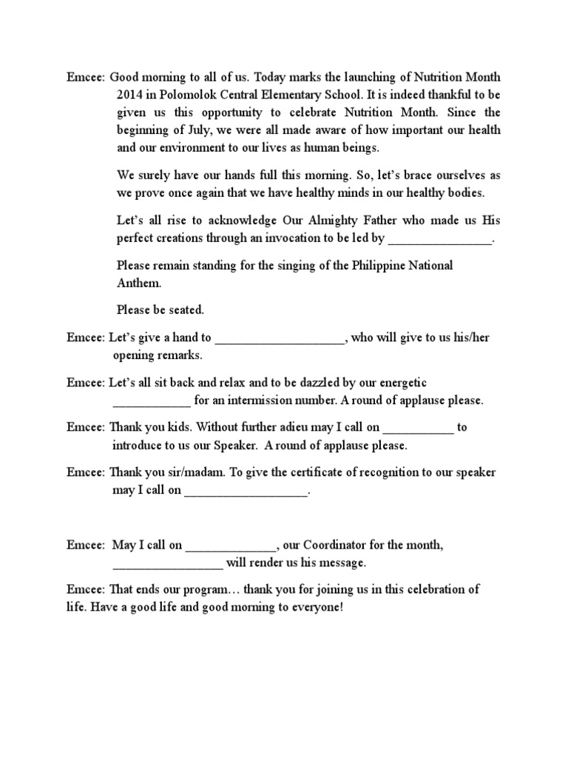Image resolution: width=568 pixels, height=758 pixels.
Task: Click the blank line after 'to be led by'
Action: (440, 239)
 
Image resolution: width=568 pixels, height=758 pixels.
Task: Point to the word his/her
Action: (470, 338)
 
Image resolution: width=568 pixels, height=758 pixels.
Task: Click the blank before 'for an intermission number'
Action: (151, 402)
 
